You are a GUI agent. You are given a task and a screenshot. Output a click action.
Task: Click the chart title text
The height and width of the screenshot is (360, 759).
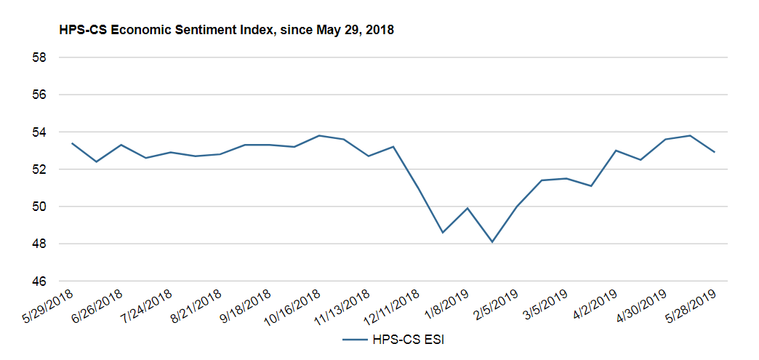[x=228, y=30]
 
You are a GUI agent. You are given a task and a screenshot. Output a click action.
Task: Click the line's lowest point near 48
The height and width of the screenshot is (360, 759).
[x=492, y=241]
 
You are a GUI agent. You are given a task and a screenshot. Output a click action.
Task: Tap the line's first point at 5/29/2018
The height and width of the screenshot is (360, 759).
[x=72, y=143]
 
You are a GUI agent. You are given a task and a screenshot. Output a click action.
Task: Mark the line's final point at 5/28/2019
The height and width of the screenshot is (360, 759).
[x=714, y=152]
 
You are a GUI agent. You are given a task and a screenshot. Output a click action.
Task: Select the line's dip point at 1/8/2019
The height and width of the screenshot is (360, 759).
[x=443, y=233]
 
